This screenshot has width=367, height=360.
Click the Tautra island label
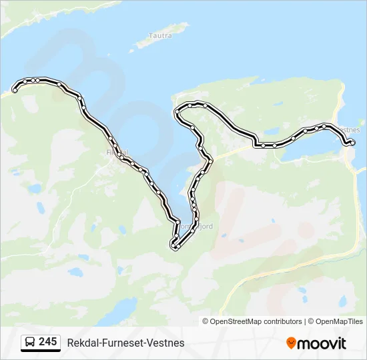coord(160,35)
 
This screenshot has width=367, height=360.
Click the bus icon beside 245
coord(29,342)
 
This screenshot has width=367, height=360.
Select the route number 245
coord(47,342)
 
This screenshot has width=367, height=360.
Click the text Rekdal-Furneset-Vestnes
coord(125,343)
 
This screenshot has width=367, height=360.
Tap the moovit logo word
coord(322,343)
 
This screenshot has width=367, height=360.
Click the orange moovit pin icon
coord(291,343)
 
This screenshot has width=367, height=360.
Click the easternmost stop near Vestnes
coord(352,142)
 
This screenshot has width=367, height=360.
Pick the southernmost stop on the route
coord(173,247)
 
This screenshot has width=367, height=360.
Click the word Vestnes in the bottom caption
coord(167,343)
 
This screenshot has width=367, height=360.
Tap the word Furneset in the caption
coord(123,343)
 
